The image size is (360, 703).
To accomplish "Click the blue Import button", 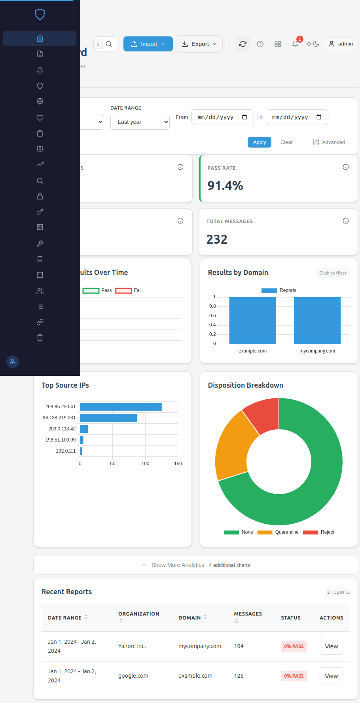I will [148, 44].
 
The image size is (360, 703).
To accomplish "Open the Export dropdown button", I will [199, 44].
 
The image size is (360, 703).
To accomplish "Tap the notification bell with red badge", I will [295, 44].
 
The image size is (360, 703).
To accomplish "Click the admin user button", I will [340, 44].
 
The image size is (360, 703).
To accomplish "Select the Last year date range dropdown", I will [140, 122].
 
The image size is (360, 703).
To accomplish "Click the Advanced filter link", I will [329, 142].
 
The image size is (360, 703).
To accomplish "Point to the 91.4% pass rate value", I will [225, 186].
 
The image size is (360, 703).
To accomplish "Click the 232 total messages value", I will [217, 239].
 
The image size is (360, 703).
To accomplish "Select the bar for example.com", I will [252, 320].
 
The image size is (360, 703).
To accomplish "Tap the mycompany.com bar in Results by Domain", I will [317, 320].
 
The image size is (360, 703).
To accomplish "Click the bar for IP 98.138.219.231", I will [108, 418].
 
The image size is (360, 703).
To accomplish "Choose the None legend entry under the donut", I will [238, 532].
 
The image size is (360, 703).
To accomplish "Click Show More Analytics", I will [178, 565].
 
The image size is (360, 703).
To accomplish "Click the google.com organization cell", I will [133, 676].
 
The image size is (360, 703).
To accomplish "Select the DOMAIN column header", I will [189, 618].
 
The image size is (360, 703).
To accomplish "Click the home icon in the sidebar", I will [40, 38].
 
